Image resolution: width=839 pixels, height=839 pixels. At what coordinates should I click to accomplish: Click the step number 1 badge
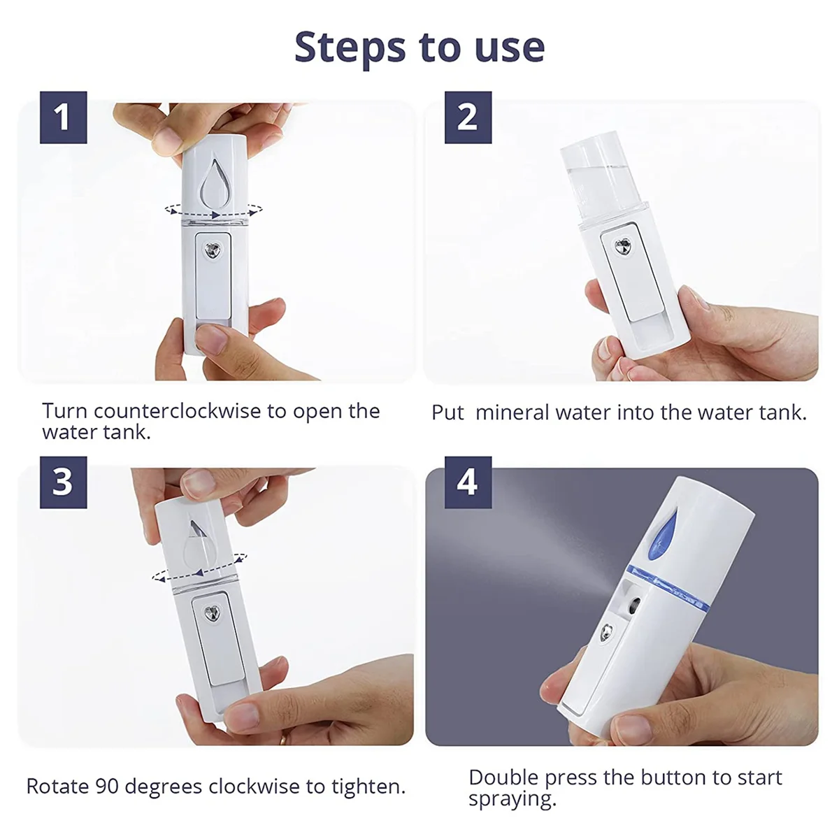63,117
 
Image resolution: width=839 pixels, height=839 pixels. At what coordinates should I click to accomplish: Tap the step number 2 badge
468,117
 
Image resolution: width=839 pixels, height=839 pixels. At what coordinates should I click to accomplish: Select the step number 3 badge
63,482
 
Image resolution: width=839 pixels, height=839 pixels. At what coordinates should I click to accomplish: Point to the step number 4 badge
468,482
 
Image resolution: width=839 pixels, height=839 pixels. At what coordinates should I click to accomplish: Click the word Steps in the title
349,48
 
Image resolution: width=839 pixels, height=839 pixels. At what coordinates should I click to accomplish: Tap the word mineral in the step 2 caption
513,413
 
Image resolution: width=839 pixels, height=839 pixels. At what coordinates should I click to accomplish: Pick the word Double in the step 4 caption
503,777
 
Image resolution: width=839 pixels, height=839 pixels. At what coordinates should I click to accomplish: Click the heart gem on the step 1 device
211,250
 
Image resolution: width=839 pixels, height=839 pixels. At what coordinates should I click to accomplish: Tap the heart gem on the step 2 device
623,246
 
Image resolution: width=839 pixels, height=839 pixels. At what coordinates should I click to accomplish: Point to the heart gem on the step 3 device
211,614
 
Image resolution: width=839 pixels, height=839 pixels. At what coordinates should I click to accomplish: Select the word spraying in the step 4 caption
512,798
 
